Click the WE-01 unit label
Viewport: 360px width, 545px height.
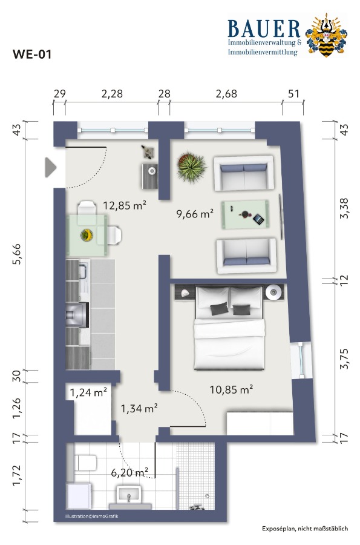coord(32,54)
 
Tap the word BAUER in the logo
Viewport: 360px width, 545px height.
coord(264,29)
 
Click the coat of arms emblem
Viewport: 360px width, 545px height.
coord(326,35)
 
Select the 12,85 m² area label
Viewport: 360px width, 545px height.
coord(124,205)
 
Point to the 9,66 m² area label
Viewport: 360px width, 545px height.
coord(195,213)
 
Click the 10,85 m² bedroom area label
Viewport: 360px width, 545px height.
coord(231,389)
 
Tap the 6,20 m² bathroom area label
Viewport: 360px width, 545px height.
coord(129,472)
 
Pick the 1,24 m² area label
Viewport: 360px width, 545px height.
coord(88,392)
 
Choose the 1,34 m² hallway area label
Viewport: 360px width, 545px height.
coord(139,408)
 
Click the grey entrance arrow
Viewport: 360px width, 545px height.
coord(50,168)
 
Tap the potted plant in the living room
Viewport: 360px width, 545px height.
coord(191,168)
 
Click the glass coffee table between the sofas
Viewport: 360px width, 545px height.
coord(246,215)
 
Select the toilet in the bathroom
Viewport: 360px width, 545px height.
coord(85,463)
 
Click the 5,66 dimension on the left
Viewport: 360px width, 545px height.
coord(17,254)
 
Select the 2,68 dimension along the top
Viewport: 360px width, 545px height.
coord(226,94)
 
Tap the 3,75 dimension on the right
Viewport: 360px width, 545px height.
coord(344,358)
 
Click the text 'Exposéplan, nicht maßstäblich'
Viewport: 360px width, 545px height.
coord(305,529)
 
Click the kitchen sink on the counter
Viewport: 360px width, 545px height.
coord(83,271)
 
